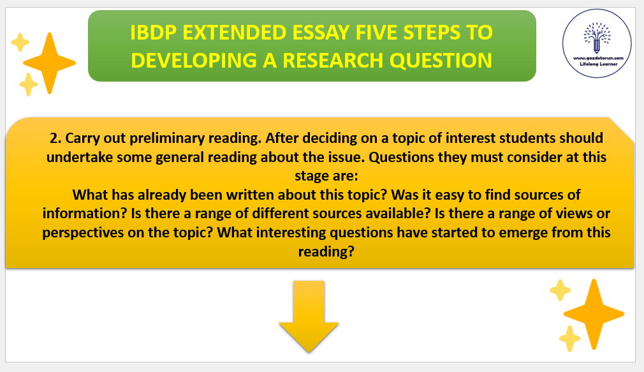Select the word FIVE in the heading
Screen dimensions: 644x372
click(376, 33)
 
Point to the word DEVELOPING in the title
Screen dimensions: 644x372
click(194, 61)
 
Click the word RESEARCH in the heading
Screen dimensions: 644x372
click(333, 61)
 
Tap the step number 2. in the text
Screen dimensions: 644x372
click(55, 138)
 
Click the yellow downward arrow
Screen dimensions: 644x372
click(309, 316)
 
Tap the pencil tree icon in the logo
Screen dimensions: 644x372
click(597, 38)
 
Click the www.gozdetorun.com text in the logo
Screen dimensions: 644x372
click(598, 58)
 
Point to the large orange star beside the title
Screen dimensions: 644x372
click(50, 63)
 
